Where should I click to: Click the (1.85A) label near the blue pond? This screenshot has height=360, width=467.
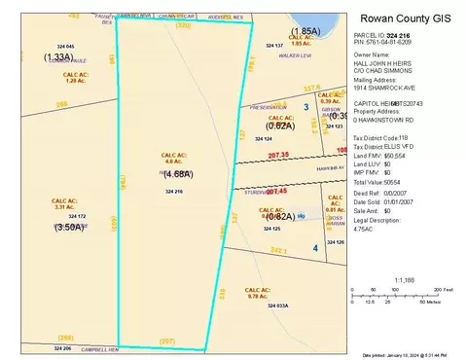pyautogui.click(x=305, y=31)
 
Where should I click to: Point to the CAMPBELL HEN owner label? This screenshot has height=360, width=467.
pyautogui.click(x=99, y=349)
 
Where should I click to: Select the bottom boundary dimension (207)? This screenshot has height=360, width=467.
pyautogui.click(x=167, y=341)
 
